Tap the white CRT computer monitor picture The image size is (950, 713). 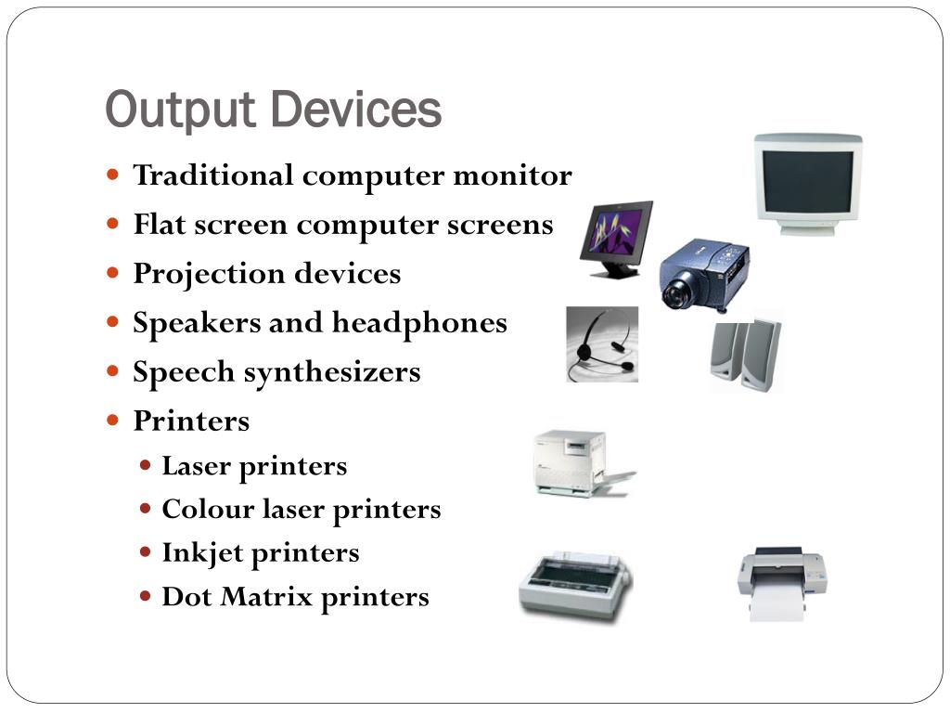pos(807,182)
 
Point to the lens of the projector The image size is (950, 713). pos(675,290)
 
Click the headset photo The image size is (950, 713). pos(602,344)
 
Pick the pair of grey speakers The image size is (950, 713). pos(746,355)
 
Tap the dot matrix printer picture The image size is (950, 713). pos(574,587)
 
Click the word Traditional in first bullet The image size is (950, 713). pos(213,175)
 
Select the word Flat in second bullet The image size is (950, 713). pos(158,225)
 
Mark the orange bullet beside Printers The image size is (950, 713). pos(113,420)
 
